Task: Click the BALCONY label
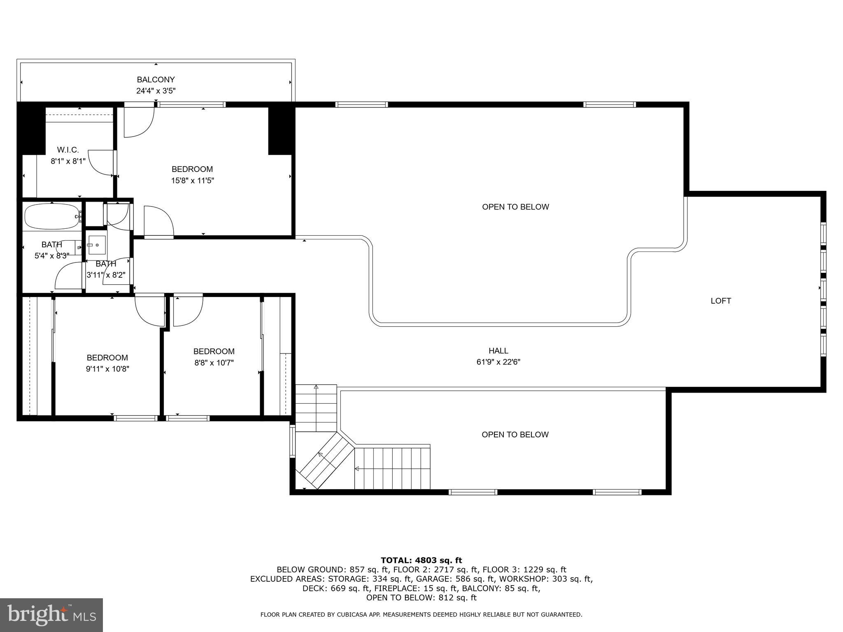coord(156,80)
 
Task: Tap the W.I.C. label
coord(68,150)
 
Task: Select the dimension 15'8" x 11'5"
coord(193,180)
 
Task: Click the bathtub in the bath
coord(51,216)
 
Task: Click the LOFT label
coord(721,301)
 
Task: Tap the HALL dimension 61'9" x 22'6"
coord(498,362)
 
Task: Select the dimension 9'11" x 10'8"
coord(107,369)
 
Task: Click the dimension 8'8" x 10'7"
coord(214,363)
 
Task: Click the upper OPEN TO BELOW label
coord(515,207)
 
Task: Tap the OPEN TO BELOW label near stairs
coord(515,434)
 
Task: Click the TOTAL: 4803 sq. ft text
coord(421,560)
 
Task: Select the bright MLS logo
coord(51,615)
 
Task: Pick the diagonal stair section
coord(325,461)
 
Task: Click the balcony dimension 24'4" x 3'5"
coord(156,91)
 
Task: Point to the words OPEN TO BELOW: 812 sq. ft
coord(421,598)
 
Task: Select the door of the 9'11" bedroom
coord(149,311)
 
